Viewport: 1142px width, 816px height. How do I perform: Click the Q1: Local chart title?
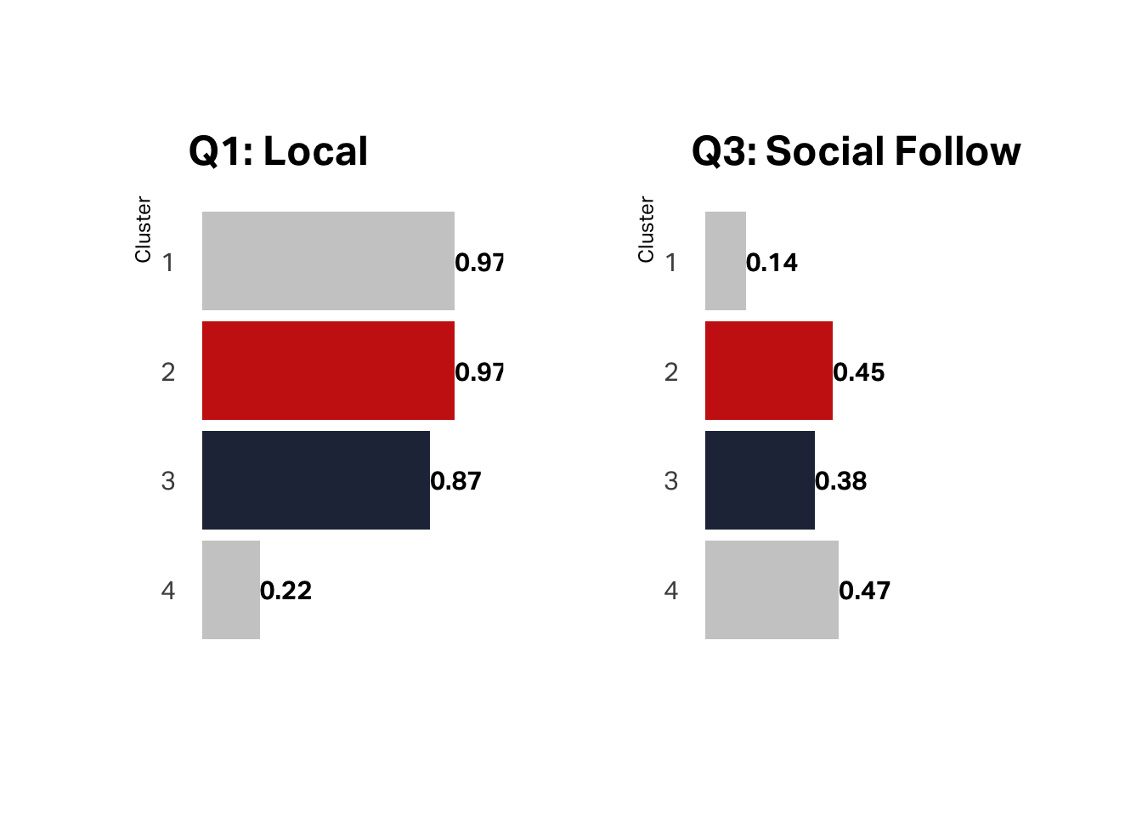click(278, 151)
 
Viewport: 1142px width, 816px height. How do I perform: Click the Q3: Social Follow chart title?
click(856, 151)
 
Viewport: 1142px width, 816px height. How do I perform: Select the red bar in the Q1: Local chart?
click(328, 371)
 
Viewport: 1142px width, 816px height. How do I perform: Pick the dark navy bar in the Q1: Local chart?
click(315, 480)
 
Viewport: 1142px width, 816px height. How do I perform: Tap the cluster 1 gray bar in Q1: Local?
click(328, 261)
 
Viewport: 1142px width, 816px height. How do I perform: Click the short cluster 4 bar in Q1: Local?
click(230, 590)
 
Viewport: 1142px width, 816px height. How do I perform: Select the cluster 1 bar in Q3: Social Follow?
click(725, 261)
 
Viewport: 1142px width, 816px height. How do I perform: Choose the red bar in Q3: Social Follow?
click(768, 371)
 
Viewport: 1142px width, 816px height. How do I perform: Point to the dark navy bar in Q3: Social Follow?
click(760, 480)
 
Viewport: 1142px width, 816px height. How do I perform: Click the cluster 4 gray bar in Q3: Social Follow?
click(772, 590)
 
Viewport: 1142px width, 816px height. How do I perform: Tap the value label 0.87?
click(456, 481)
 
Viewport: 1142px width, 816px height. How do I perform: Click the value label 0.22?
click(286, 591)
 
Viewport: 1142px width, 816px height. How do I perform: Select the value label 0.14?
click(772, 263)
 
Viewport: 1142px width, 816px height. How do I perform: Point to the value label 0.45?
click(859, 372)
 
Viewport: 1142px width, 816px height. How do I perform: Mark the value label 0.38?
click(841, 481)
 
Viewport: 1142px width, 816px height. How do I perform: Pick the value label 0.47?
click(865, 591)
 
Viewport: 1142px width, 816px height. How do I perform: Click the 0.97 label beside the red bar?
click(479, 372)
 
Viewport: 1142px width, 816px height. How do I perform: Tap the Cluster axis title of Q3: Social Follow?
click(646, 229)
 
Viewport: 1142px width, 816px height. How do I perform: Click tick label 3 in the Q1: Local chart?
click(168, 481)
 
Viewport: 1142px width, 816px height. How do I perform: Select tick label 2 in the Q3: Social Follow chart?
click(671, 372)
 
